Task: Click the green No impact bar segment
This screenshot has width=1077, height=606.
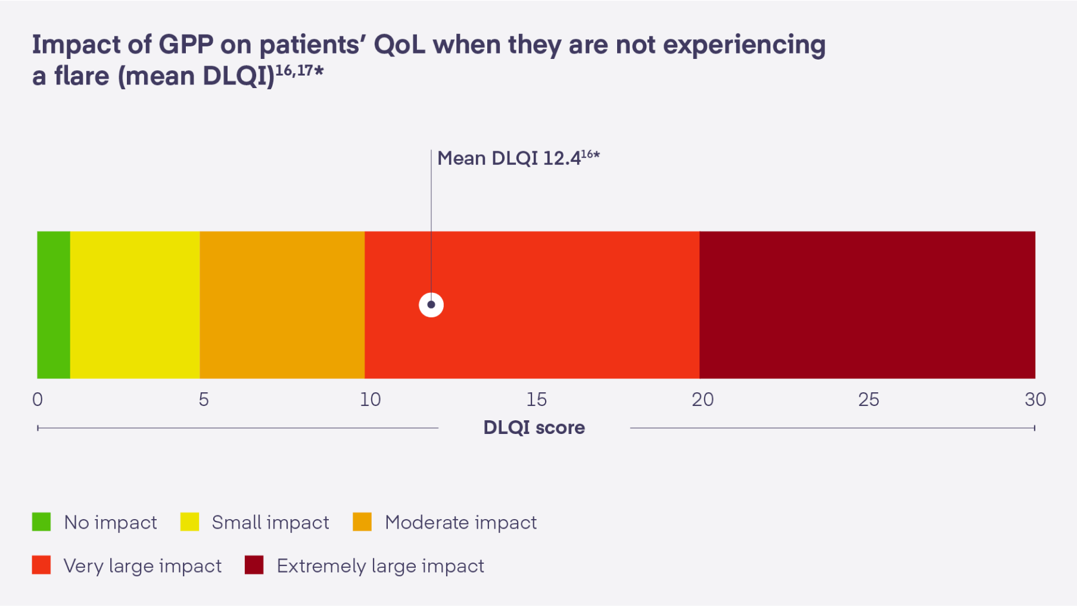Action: tap(54, 305)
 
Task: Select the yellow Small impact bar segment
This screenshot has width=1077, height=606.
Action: tap(135, 305)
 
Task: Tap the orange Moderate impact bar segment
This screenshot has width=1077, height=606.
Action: tap(282, 305)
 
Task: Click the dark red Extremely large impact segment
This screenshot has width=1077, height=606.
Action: tap(867, 305)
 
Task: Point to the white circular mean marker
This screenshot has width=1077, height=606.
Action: tap(431, 305)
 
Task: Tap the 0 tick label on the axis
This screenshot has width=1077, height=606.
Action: tap(38, 399)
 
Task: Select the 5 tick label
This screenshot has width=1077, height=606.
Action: tap(204, 399)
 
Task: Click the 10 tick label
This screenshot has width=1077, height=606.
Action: tap(370, 399)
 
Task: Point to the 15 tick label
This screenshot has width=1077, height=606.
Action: tap(536, 399)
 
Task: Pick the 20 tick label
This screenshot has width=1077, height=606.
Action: tap(702, 399)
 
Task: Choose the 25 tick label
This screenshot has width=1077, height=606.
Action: tap(869, 399)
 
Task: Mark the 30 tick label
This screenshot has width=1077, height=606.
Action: tap(1035, 399)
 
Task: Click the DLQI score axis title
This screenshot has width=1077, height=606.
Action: tap(534, 427)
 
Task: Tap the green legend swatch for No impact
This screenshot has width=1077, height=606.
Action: tap(41, 522)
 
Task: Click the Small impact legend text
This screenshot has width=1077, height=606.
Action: tap(270, 523)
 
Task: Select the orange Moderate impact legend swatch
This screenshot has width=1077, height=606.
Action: tap(362, 522)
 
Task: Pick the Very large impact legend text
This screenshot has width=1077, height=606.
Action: tap(142, 566)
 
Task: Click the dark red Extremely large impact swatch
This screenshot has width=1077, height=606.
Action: tap(254, 565)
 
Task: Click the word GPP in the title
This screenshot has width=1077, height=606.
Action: tap(185, 45)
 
